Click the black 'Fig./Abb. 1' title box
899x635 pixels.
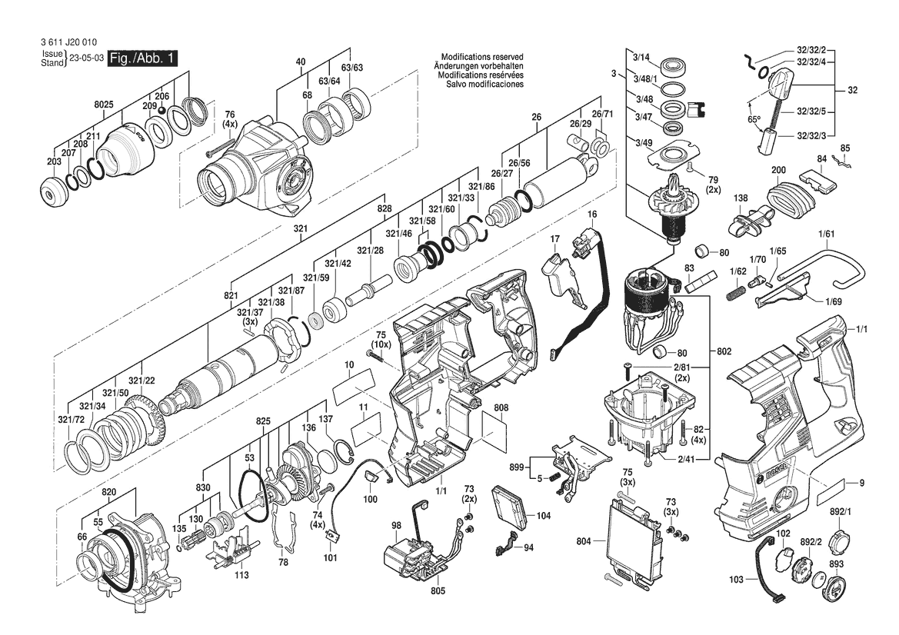pyautogui.click(x=143, y=58)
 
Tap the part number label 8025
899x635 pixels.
pyautogui.click(x=104, y=105)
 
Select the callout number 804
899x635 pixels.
pyautogui.click(x=584, y=540)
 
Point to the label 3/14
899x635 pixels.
pyautogui.click(x=641, y=58)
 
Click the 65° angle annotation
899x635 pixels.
pyautogui.click(x=753, y=119)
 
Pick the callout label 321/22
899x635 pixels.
pyautogui.click(x=141, y=381)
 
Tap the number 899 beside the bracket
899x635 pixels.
pyautogui.click(x=517, y=467)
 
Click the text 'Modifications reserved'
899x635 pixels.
pyautogui.click(x=481, y=58)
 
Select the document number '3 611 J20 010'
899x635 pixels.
pyautogui.click(x=68, y=42)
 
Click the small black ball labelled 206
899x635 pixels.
pyautogui.click(x=162, y=111)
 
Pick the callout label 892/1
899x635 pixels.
pyautogui.click(x=841, y=511)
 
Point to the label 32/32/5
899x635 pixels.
pyautogui.click(x=811, y=111)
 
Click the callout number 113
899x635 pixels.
pyautogui.click(x=242, y=574)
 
